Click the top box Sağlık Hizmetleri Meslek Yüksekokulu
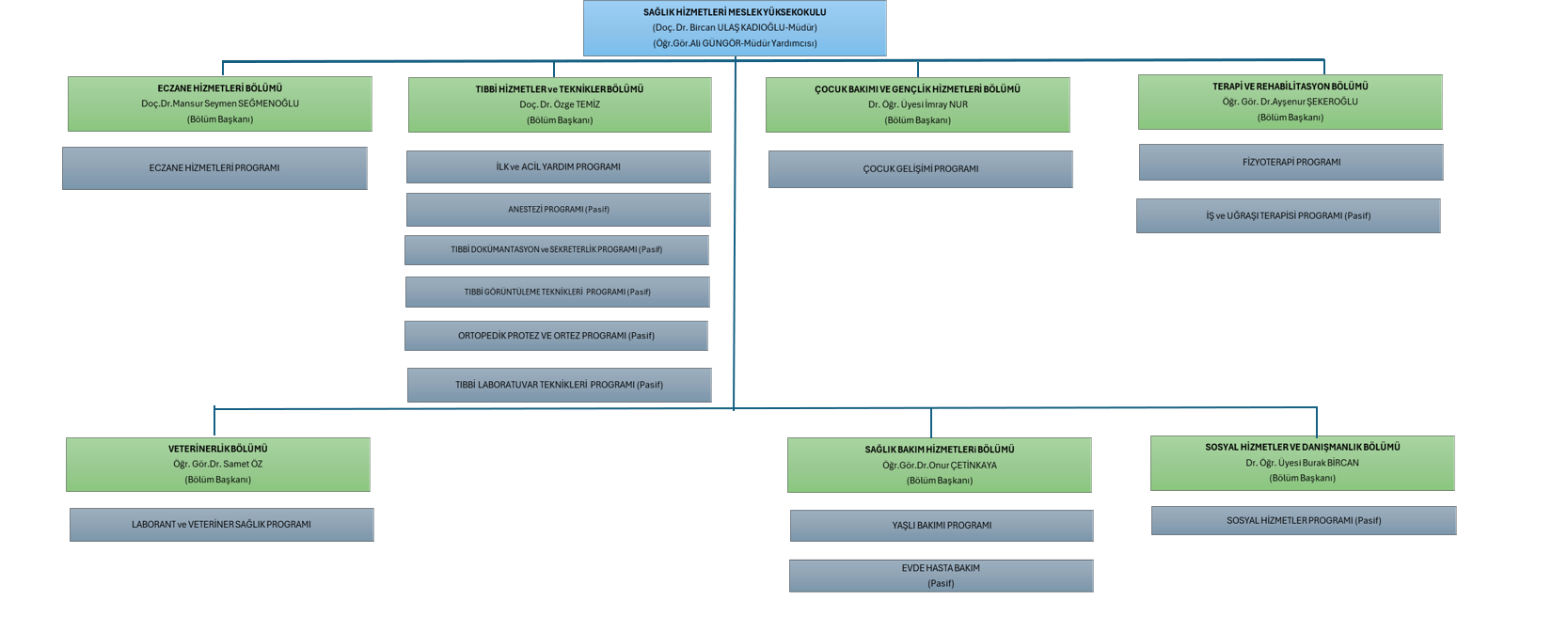[x=735, y=27]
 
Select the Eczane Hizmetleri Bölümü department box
[x=220, y=103]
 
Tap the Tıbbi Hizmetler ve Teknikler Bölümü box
[x=560, y=104]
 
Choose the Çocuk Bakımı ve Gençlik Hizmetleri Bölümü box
[x=917, y=104]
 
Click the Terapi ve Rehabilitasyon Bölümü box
[x=1290, y=102]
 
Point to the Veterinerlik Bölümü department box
[x=218, y=464]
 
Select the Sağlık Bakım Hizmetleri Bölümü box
[x=939, y=465]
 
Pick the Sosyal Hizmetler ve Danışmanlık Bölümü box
[x=1302, y=463]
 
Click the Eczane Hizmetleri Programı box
[x=214, y=168]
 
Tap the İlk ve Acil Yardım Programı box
[x=558, y=166]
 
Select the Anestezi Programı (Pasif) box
[x=558, y=210]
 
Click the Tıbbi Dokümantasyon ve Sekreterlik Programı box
[x=556, y=250]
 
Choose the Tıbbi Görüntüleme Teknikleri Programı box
[x=557, y=292]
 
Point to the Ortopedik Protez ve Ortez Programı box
[x=556, y=336]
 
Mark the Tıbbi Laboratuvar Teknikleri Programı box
[x=559, y=385]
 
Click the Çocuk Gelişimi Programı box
[x=920, y=169]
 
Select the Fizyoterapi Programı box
[x=1291, y=162]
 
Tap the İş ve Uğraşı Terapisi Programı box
[x=1288, y=215]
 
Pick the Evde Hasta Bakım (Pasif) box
[x=941, y=576]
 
